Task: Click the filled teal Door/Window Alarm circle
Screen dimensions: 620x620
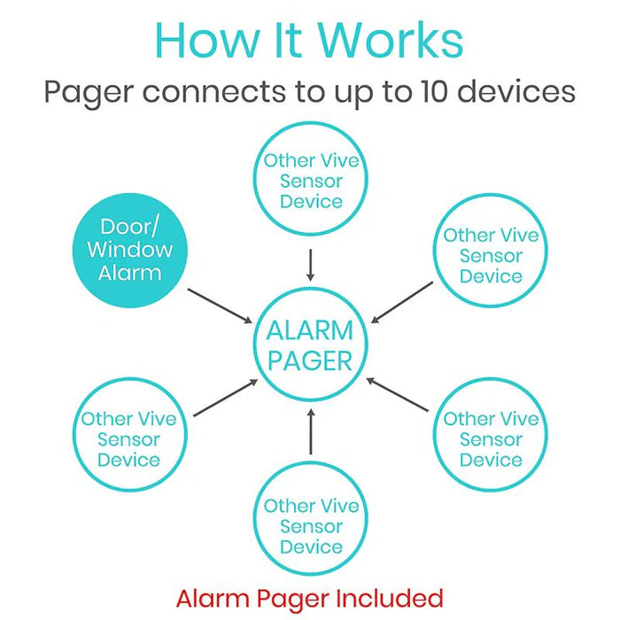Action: click(x=130, y=249)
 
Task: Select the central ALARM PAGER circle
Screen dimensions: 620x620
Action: click(x=310, y=345)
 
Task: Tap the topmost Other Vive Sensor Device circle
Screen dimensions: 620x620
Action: click(x=310, y=181)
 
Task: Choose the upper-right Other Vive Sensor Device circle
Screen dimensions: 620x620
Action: click(x=491, y=255)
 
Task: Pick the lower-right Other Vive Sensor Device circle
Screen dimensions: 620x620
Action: click(x=491, y=439)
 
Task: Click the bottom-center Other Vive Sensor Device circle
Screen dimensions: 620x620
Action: click(x=310, y=526)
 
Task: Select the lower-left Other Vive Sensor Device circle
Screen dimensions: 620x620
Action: click(x=129, y=439)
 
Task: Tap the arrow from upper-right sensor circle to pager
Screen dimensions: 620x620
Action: click(x=402, y=302)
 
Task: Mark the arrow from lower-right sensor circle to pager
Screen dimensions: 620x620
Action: click(x=398, y=394)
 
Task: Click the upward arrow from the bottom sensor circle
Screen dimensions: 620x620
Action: click(x=310, y=431)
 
